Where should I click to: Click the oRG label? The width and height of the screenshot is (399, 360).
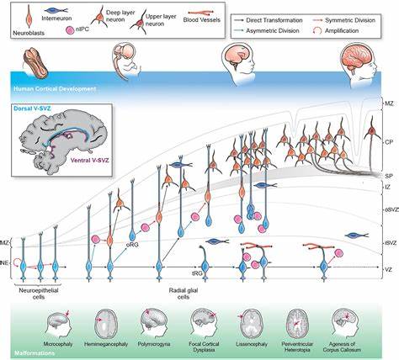130,246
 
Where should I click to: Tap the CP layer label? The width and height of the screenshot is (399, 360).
389,143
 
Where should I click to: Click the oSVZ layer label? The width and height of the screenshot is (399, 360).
387,209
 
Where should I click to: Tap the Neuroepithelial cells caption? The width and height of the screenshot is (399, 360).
42,292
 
